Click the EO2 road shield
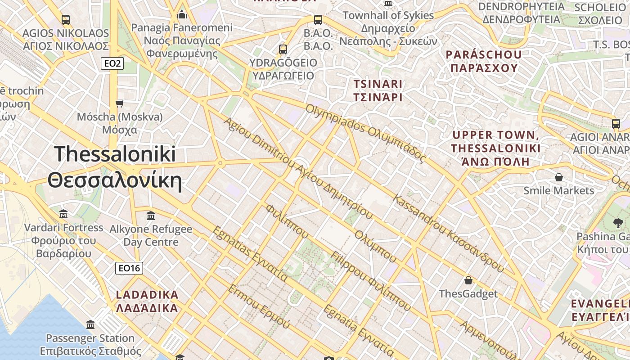[x=112, y=63]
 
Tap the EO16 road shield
[x=129, y=269]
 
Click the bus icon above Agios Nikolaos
[x=66, y=20]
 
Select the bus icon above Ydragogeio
[x=283, y=49]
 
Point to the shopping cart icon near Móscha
[x=120, y=104]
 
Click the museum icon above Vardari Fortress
[x=63, y=214]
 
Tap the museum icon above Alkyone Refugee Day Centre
[x=151, y=216]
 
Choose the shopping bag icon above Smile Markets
[x=559, y=177]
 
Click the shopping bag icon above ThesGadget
[x=468, y=280]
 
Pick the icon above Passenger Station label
[x=90, y=324]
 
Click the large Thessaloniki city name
[x=115, y=167]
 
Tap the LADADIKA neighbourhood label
[x=148, y=301]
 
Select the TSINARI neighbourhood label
[x=378, y=90]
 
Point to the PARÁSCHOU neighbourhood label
[x=484, y=61]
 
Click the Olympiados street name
[x=365, y=133]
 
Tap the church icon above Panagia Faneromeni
[x=182, y=14]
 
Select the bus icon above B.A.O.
[x=318, y=20]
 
